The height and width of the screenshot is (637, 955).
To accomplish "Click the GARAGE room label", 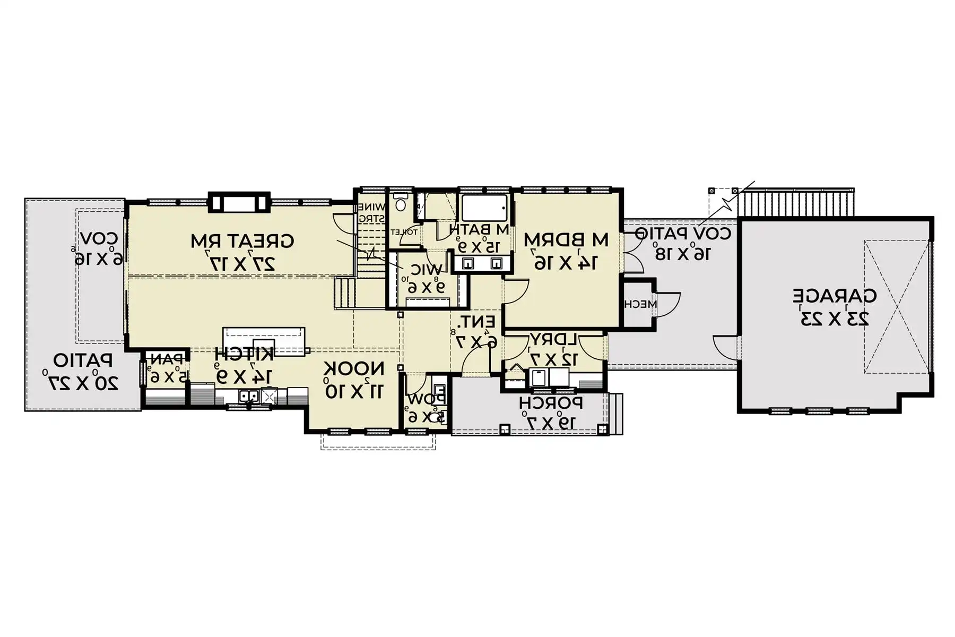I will coord(834,295).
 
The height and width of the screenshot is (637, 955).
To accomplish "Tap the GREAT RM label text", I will coord(242,241).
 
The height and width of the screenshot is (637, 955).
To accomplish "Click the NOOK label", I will coord(354,368).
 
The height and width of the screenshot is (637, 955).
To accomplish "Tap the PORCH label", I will coord(551,403).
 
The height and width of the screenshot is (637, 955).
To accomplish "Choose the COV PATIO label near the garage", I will coord(683,233).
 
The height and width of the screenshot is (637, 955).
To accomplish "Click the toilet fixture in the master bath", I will coord(400,202).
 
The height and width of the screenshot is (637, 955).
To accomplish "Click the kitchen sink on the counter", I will coord(248,395).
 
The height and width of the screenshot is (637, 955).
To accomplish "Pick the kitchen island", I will coord(264,340).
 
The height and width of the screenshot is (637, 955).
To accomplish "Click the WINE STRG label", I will coord(372,212).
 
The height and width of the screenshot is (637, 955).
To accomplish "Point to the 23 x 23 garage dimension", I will coord(834,318).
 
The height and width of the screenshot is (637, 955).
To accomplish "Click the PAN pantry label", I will coord(168,359).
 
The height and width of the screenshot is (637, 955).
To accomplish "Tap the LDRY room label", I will coord(553,339).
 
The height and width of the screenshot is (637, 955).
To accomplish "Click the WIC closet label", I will coord(426,270).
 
